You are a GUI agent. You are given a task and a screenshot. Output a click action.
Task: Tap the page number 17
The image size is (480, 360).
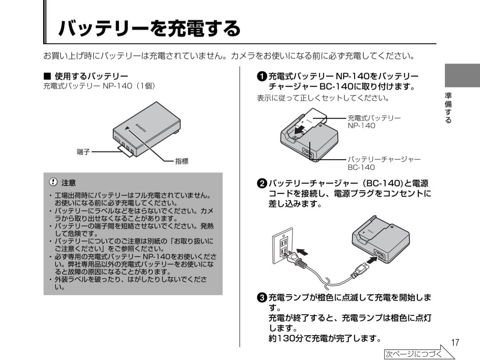click(x=454, y=343)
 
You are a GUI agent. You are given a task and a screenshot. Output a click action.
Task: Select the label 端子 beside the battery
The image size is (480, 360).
click(x=83, y=152)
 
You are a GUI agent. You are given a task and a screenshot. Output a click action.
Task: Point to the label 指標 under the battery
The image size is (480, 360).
click(x=181, y=162)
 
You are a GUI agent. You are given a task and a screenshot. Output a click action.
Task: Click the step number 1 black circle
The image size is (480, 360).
click(x=262, y=76)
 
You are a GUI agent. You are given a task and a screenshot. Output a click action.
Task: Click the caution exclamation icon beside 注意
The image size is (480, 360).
click(x=54, y=182)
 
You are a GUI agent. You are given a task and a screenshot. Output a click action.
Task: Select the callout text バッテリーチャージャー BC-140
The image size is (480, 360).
click(x=384, y=163)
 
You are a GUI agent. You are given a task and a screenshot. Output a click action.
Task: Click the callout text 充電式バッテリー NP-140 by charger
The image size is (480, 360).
click(x=373, y=122)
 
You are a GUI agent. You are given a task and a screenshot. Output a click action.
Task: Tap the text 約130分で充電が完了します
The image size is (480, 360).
click(x=324, y=339)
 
